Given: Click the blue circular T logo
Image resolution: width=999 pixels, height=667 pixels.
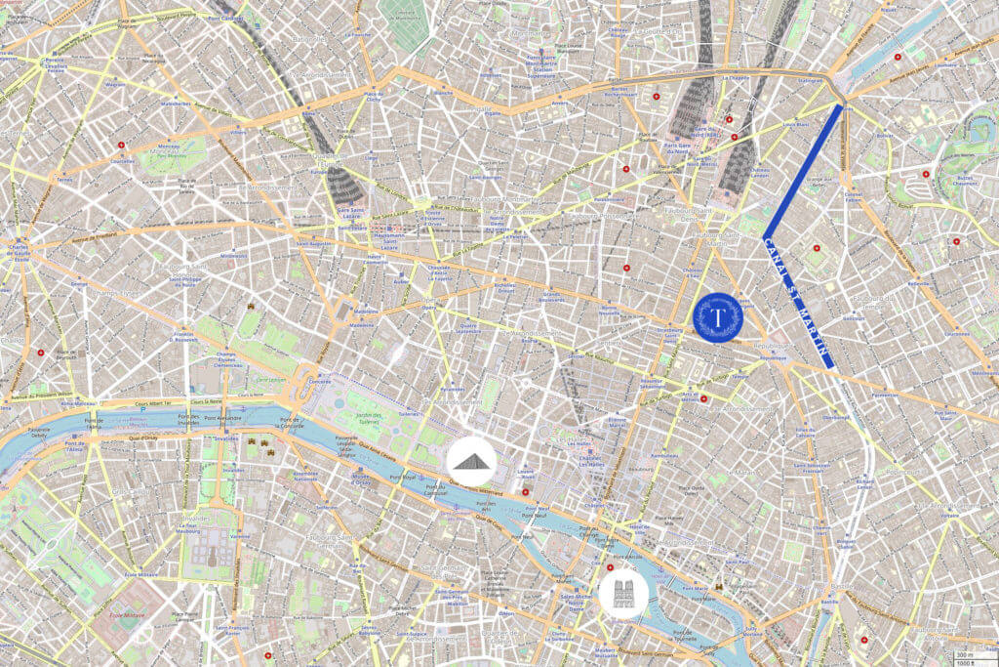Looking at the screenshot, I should (x=718, y=317).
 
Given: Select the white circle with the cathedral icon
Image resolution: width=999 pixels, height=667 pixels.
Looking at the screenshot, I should (x=621, y=593).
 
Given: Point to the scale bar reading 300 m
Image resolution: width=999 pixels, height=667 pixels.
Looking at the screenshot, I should (x=964, y=655).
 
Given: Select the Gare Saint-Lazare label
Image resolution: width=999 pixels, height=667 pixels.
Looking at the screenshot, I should (x=349, y=213).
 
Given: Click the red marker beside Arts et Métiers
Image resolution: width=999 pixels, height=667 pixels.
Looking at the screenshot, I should (x=704, y=399).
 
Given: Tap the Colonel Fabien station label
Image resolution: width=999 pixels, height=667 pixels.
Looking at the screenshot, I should (x=855, y=196).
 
